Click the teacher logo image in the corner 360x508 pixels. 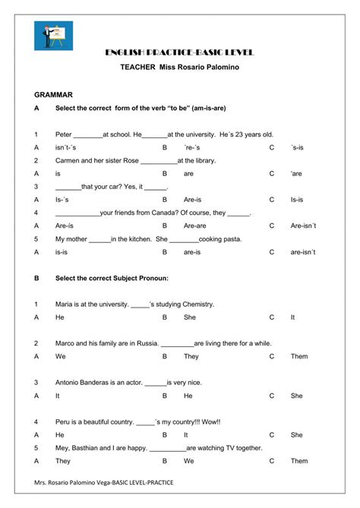[51, 36]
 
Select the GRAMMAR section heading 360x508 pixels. [53, 95]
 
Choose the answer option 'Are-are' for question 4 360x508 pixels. [194, 226]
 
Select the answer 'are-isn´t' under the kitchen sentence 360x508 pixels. [302, 252]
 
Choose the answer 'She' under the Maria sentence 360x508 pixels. [190, 317]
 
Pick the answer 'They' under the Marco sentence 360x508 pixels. [191, 356]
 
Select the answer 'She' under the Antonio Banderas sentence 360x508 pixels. [297, 396]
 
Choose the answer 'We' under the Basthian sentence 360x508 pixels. [189, 460]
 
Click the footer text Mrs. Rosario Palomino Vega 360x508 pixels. [78, 483]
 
